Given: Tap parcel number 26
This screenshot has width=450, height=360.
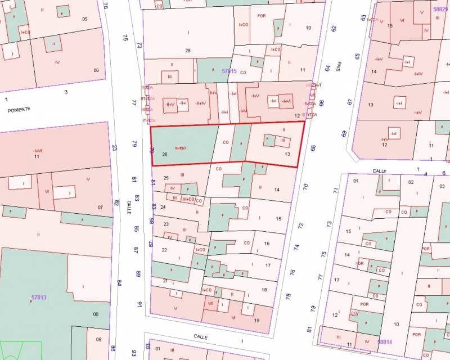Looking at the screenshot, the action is [165, 154].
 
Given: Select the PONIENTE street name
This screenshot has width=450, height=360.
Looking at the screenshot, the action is [19, 110].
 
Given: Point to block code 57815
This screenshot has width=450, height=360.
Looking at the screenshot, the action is [229, 71].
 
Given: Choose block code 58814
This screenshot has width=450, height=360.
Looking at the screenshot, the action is [385, 341].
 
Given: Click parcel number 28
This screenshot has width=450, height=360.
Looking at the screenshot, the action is [188, 51].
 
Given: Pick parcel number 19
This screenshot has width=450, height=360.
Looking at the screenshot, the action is [256, 321].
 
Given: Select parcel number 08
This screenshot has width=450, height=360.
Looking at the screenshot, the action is [96, 314].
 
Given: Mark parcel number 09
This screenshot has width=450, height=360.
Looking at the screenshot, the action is [98, 339].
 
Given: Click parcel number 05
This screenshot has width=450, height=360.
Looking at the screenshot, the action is [85, 19].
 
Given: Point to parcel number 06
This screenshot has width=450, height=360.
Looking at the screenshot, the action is [96, 70].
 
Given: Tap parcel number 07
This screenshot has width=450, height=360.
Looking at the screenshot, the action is [100, 208].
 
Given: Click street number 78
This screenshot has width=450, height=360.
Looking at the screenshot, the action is [288, 296].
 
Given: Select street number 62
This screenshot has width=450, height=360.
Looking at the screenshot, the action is [334, 28].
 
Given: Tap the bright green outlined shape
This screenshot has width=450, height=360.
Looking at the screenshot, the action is [21, 350].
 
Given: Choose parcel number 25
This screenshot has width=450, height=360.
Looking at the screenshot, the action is [166, 178].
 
